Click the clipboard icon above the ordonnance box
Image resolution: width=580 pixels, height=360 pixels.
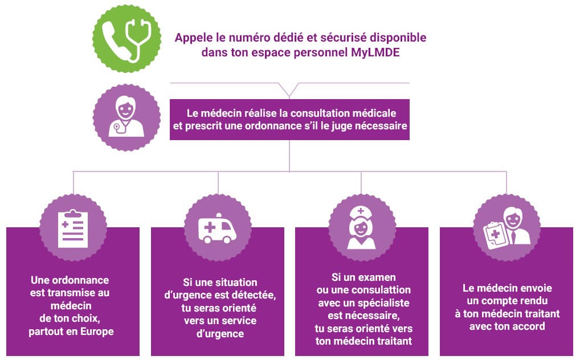click(x=73, y=227)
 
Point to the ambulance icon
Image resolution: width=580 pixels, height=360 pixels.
click(x=218, y=227)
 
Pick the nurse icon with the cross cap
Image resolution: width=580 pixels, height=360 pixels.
click(x=362, y=227)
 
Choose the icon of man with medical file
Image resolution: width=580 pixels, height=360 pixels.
click(x=507, y=227)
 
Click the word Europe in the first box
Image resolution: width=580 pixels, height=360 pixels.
click(x=95, y=331)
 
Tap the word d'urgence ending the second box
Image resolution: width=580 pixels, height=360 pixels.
click(x=218, y=333)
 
